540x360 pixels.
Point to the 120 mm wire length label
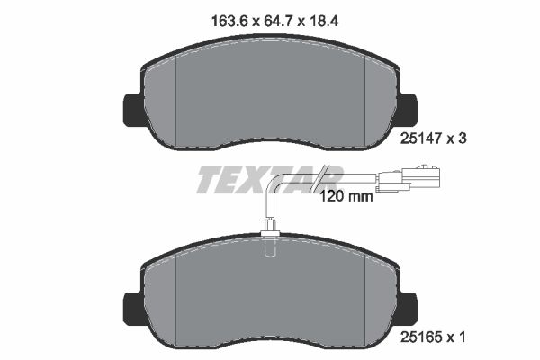(x=346, y=194)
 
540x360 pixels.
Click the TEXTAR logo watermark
(x=268, y=179)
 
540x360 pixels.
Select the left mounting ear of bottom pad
(x=129, y=306)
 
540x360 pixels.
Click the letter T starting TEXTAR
(x=206, y=180)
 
